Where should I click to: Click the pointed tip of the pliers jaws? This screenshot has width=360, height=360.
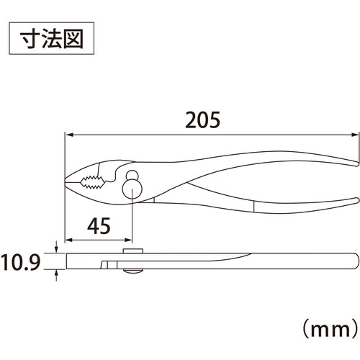(66, 183)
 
